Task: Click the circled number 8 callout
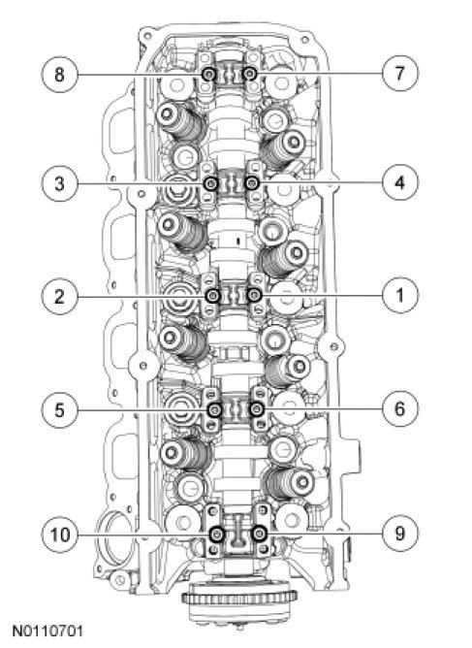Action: [59, 75]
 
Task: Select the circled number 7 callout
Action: [399, 74]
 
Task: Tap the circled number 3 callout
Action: [59, 183]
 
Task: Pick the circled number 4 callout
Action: [399, 182]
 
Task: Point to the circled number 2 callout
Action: [59, 296]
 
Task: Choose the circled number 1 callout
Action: [399, 295]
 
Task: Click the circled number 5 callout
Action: [59, 410]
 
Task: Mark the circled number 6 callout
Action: [399, 408]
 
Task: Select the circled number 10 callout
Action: [59, 535]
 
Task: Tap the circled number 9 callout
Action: [399, 534]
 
